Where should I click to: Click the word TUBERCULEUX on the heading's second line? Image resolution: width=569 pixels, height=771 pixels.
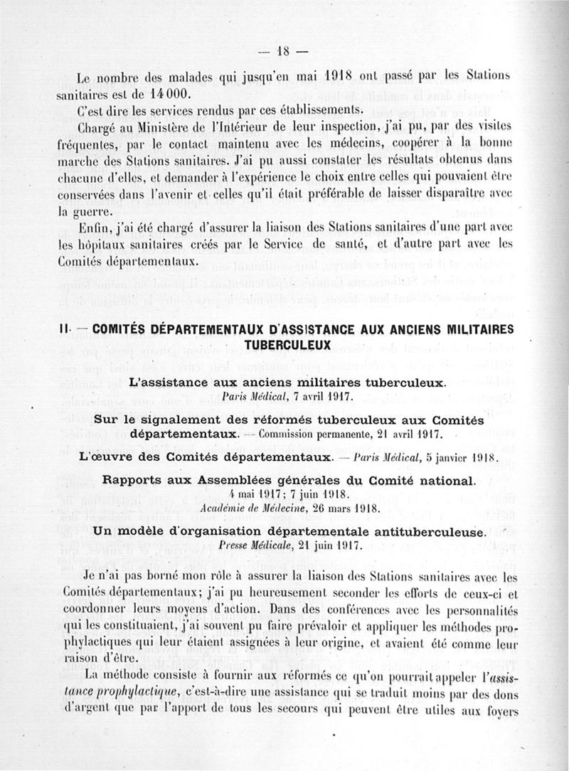[287, 345]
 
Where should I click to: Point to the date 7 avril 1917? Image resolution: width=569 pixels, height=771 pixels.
[318, 396]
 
